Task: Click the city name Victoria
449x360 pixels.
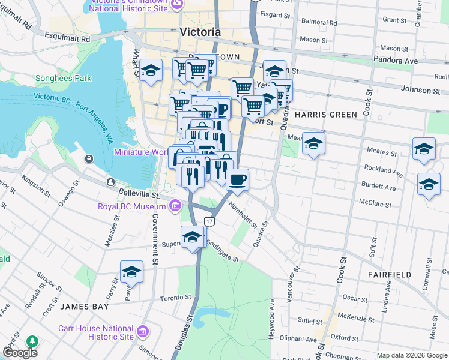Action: click(x=200, y=32)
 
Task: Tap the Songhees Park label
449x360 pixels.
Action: click(x=63, y=78)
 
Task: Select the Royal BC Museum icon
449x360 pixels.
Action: click(x=175, y=207)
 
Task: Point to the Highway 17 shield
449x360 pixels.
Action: click(x=209, y=221)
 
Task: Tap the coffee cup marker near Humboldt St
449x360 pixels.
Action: click(x=237, y=179)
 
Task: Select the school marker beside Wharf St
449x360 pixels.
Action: click(x=151, y=70)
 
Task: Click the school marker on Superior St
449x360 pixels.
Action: click(x=192, y=237)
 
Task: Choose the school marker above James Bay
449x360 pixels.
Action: click(x=131, y=272)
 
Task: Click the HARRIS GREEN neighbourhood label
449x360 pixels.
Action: click(x=326, y=114)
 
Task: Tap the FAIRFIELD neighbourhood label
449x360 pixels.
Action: click(x=390, y=274)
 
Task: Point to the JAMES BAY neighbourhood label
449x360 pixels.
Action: click(x=84, y=306)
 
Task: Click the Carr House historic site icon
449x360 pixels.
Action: click(x=143, y=332)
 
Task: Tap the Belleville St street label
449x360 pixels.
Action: click(x=139, y=195)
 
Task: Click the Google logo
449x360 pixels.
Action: click(x=20, y=353)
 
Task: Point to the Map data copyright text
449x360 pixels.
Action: click(x=412, y=355)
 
